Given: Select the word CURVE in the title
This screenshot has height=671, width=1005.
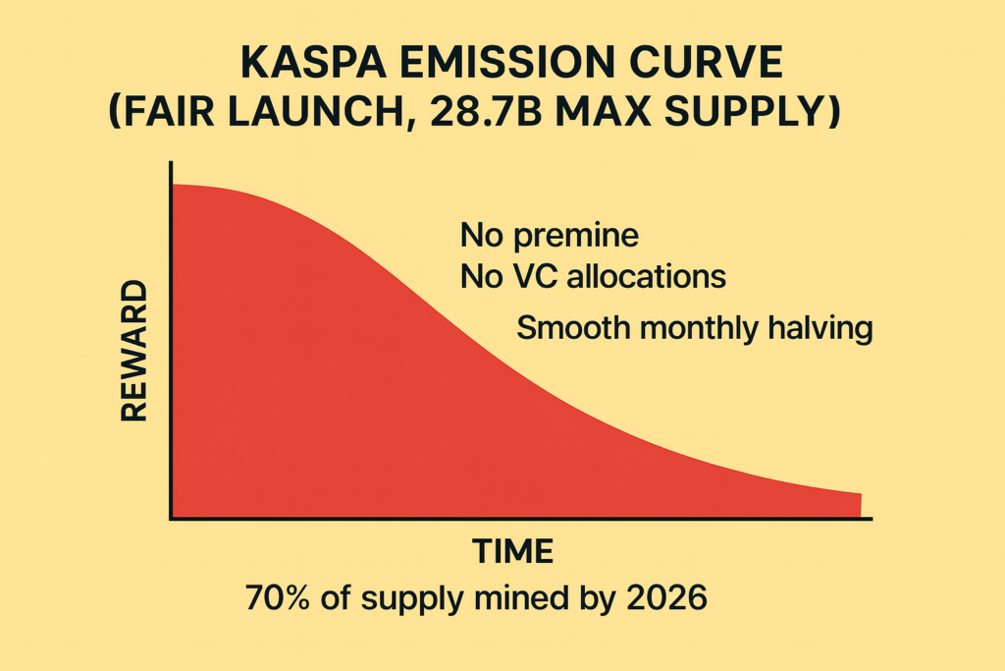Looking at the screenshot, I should pyautogui.click(x=707, y=65).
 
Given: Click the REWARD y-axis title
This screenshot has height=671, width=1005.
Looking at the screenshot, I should pyautogui.click(x=133, y=351).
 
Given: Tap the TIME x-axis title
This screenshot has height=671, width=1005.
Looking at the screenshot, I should pyautogui.click(x=513, y=551).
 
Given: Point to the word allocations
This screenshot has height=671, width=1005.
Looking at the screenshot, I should pyautogui.click(x=646, y=277).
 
